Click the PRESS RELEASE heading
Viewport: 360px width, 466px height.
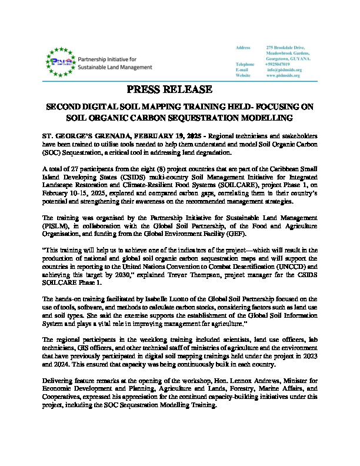(x=169, y=89)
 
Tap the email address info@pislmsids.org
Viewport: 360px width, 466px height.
(x=284, y=70)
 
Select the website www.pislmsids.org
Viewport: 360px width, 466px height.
(x=284, y=76)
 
